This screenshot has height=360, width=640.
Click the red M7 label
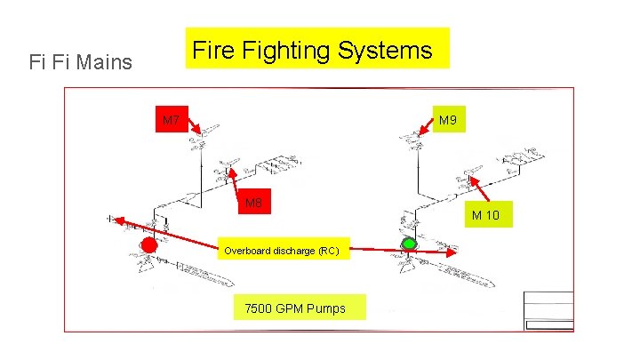[x=171, y=120]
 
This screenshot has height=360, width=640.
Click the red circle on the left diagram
[x=148, y=244]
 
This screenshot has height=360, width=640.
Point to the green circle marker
[x=409, y=243]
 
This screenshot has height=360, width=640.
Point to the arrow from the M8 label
[x=232, y=180]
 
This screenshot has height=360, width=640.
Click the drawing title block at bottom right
[x=548, y=311]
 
